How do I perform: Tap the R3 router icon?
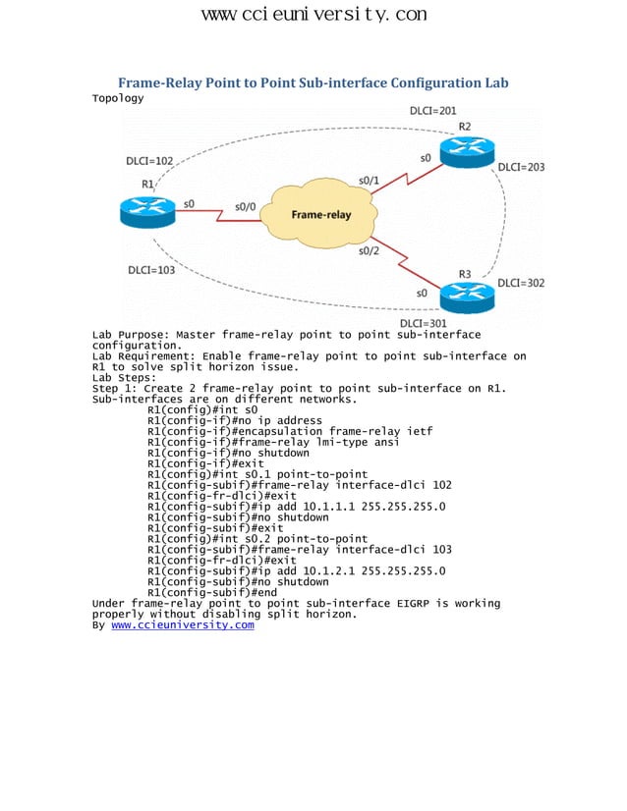465,294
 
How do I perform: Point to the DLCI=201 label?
432,111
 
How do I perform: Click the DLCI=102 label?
150,160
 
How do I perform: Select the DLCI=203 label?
521,167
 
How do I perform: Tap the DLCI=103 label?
151,269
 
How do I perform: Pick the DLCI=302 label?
521,283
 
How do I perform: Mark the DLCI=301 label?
424,323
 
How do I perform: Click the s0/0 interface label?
245,206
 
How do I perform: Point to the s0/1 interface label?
369,181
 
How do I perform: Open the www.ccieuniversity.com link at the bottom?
183,624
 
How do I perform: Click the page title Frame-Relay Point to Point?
313,82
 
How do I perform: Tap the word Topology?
118,98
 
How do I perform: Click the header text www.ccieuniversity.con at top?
313,14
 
